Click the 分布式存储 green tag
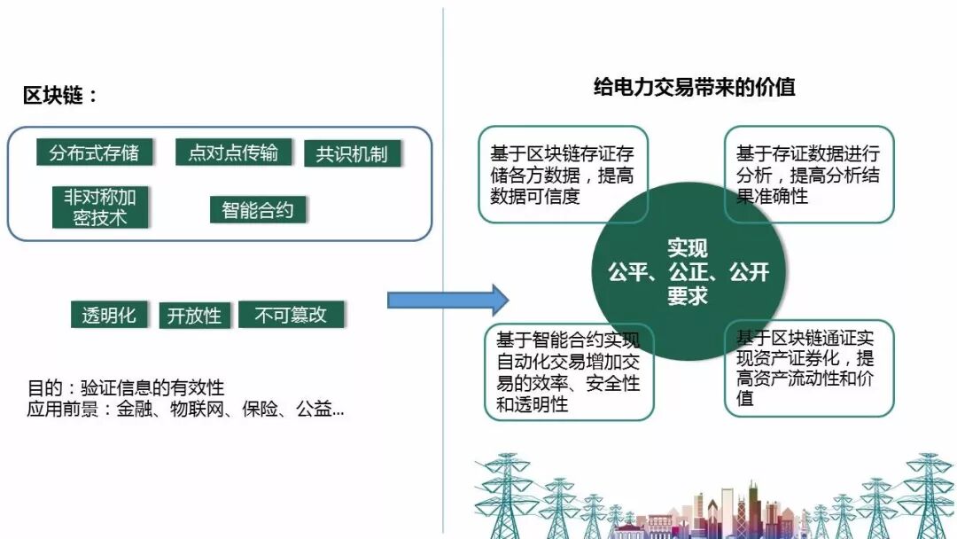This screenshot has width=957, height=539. click(x=94, y=152)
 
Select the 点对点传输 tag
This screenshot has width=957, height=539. click(x=233, y=152)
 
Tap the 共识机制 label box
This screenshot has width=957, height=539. click(x=352, y=154)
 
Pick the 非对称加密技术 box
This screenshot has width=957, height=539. click(x=100, y=207)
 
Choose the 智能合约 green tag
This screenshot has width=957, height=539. click(x=257, y=210)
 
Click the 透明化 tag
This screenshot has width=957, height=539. click(x=109, y=315)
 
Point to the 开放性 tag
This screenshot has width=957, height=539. click(x=194, y=316)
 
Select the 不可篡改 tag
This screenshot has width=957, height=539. click(x=291, y=315)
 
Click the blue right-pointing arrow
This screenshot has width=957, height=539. click(x=447, y=301)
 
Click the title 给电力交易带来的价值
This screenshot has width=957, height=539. click(x=694, y=87)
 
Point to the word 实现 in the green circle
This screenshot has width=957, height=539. click(x=688, y=248)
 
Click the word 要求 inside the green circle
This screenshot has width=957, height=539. click(x=688, y=296)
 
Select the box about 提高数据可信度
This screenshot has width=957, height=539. click(x=563, y=175)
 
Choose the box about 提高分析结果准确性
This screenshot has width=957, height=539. click(x=809, y=175)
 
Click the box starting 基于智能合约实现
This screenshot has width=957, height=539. click(x=569, y=372)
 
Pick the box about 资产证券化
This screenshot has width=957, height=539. click(x=809, y=369)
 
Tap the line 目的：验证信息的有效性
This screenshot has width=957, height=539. click(x=126, y=388)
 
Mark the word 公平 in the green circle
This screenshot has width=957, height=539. click(x=627, y=272)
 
